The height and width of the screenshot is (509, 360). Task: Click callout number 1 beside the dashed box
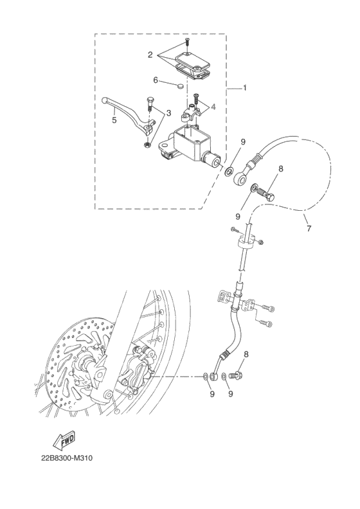pyautogui.click(x=244, y=88)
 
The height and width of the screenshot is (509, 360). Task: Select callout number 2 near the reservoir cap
pyautogui.click(x=150, y=55)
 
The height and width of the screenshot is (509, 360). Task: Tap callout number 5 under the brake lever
pyautogui.click(x=114, y=119)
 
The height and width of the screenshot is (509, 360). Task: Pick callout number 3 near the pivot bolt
pyautogui.click(x=168, y=113)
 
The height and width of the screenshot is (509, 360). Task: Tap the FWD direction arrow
pyautogui.click(x=64, y=441)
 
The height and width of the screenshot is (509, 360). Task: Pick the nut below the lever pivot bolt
pyautogui.click(x=147, y=145)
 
